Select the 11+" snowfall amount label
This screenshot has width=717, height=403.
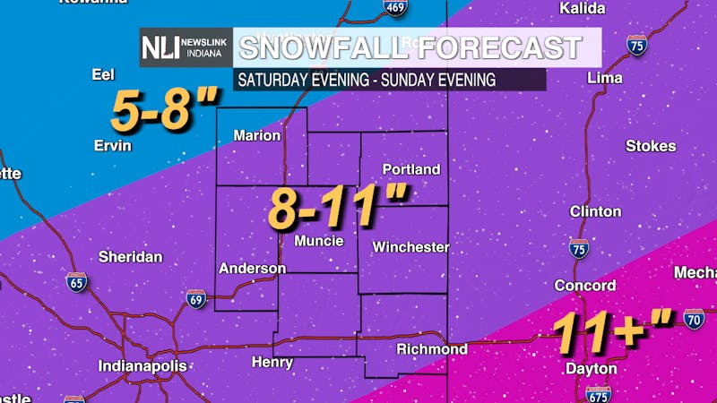(612, 333)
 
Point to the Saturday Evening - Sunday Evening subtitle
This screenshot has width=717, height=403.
(366, 79)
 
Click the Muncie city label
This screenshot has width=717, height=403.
(319, 241)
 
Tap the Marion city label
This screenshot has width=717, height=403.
(257, 136)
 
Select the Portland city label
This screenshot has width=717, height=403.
(411, 169)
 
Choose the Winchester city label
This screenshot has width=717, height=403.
(410, 246)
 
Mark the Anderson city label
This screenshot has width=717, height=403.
(252, 268)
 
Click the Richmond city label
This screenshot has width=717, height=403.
(432, 348)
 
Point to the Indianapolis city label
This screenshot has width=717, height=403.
(143, 366)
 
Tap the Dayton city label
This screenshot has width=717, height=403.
(592, 368)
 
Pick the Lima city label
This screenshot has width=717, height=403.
(604, 78)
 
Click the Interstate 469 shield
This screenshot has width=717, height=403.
(395, 7)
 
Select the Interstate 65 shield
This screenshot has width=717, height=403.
(77, 283)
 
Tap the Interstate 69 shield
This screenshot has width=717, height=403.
(196, 299)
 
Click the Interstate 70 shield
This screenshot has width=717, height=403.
(694, 318)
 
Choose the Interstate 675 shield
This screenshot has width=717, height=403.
(598, 393)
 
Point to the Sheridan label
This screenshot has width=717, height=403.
(131, 257)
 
